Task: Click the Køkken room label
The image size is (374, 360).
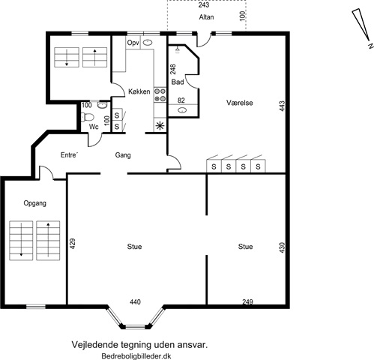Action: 139,91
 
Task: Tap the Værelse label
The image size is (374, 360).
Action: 240,103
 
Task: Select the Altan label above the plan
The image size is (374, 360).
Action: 206,17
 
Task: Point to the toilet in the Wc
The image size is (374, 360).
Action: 87,117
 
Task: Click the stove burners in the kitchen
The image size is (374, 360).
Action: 160,94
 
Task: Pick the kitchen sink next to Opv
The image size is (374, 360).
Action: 148,43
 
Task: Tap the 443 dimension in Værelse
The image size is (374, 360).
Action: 282,106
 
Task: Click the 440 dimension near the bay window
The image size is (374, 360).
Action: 135,302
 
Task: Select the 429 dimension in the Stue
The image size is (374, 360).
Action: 72,244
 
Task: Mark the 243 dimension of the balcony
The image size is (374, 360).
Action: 204,4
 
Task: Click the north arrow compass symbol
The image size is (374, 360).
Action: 361,28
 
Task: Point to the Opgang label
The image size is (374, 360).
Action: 35,203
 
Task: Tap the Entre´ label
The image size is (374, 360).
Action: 69,155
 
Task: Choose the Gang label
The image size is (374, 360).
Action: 123,155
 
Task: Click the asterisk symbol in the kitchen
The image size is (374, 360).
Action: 160,126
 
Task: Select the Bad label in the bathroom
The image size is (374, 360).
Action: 178,82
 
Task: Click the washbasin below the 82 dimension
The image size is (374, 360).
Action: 183,109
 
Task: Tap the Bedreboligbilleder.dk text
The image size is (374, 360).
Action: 136,356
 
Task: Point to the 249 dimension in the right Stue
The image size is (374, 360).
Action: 247,301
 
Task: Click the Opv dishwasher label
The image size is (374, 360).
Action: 133,43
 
